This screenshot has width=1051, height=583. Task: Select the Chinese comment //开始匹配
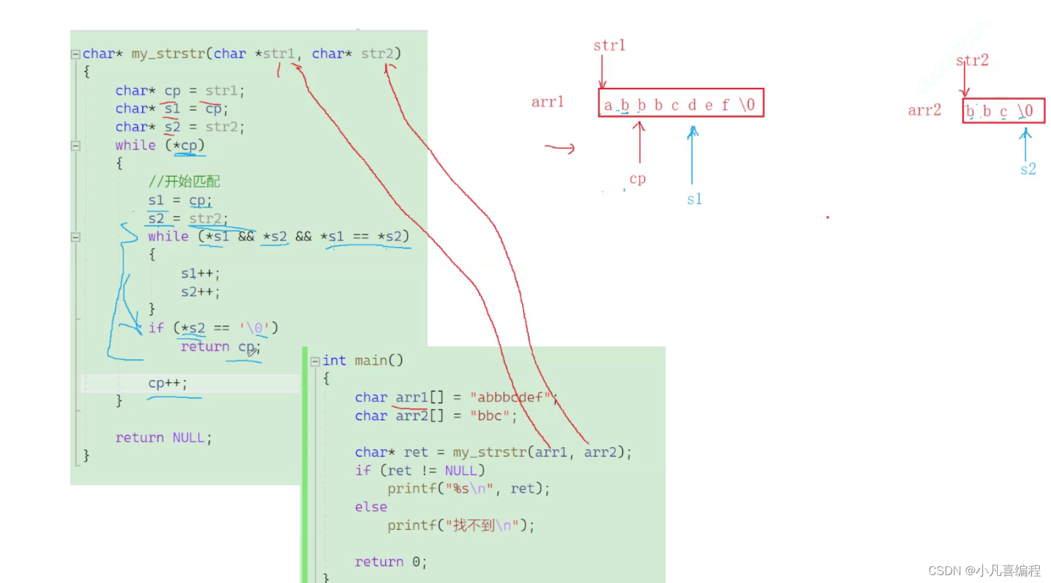click(184, 181)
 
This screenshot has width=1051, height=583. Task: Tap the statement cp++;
click(167, 383)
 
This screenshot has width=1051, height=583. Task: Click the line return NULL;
click(163, 438)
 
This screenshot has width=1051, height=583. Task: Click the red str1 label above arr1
click(609, 46)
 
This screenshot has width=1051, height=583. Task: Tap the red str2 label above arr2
click(972, 60)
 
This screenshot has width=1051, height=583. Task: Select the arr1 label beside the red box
click(547, 102)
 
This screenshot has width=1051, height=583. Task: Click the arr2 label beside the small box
click(924, 110)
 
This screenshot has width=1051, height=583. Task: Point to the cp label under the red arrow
click(638, 179)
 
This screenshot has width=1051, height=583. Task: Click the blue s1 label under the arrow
click(695, 199)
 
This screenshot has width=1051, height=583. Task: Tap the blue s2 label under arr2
click(1028, 169)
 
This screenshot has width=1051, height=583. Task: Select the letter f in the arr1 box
click(726, 105)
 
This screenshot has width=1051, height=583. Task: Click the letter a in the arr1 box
click(608, 105)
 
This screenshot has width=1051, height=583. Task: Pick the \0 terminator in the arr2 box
click(1025, 111)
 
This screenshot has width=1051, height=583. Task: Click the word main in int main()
click(371, 360)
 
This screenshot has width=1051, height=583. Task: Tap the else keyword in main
click(371, 507)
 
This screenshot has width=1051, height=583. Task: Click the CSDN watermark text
click(984, 571)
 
